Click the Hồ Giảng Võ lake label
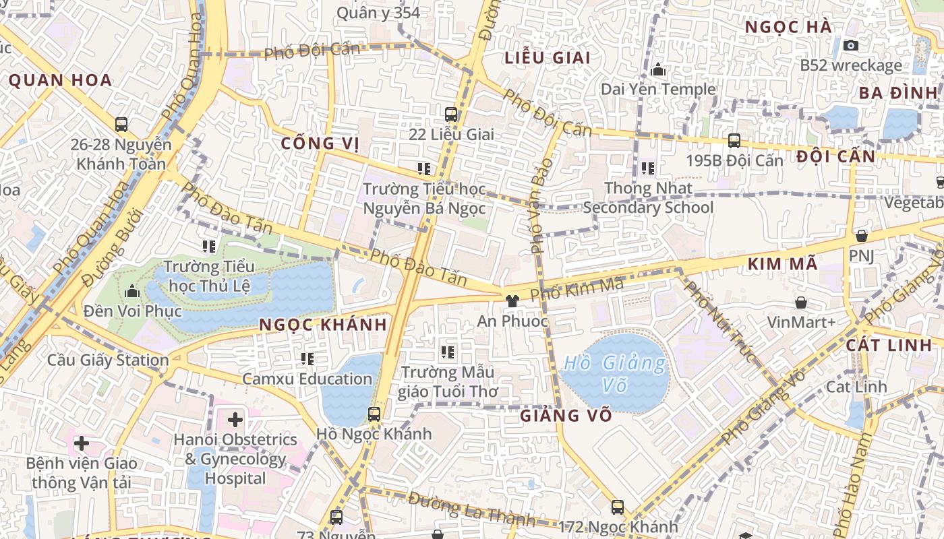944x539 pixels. [x=614, y=374]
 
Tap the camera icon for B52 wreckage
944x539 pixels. [x=851, y=45]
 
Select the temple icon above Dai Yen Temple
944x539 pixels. [x=658, y=69]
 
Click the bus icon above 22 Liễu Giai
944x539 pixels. [x=451, y=115]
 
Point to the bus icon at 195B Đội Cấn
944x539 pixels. [x=734, y=141]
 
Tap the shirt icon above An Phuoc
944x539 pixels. [x=512, y=300]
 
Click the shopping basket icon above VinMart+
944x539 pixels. [x=801, y=303]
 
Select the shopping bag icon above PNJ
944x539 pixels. [x=861, y=236]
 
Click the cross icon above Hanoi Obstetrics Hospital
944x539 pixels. [x=235, y=420]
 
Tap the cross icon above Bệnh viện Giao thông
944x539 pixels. [x=81, y=443]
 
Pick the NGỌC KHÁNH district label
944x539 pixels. [x=323, y=325]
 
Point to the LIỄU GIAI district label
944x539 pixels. [x=548, y=58]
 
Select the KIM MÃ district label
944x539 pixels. [x=782, y=264]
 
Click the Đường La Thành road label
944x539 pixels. [x=471, y=509]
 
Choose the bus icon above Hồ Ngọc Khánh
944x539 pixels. [x=374, y=414]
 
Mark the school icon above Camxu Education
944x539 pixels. [x=307, y=359]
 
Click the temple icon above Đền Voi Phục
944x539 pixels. [x=132, y=292]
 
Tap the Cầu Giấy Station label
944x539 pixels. [x=108, y=360]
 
